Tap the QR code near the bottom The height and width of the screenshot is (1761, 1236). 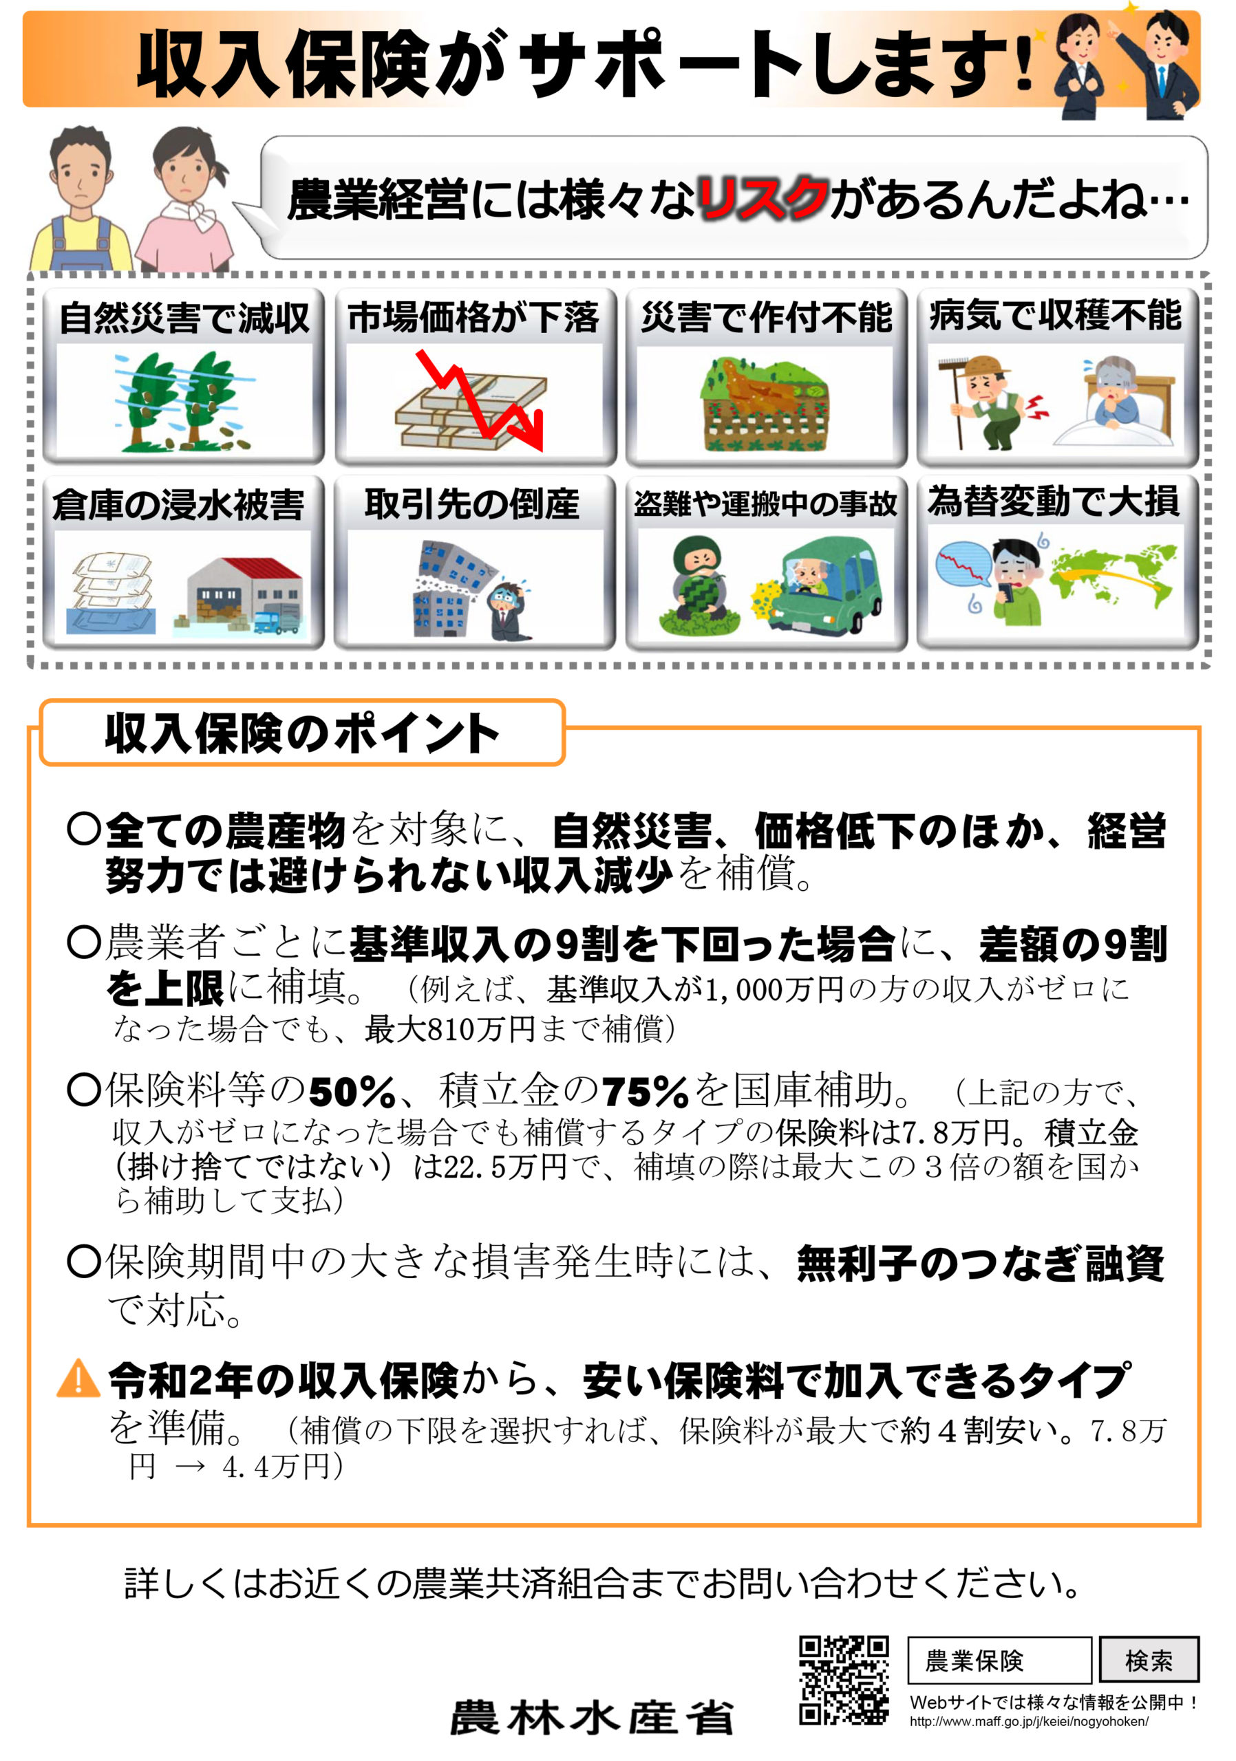coord(844,1681)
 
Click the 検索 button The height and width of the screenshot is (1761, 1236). coord(1149,1661)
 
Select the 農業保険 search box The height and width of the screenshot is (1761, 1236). coord(999,1661)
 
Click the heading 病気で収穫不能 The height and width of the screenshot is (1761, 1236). coord(1056,315)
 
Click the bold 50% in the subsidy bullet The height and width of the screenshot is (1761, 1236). coord(352,1092)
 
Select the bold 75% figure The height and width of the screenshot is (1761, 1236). coord(646,1092)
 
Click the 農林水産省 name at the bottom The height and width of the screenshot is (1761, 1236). coord(592,1718)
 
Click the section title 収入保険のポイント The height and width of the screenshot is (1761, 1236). coord(301,733)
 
